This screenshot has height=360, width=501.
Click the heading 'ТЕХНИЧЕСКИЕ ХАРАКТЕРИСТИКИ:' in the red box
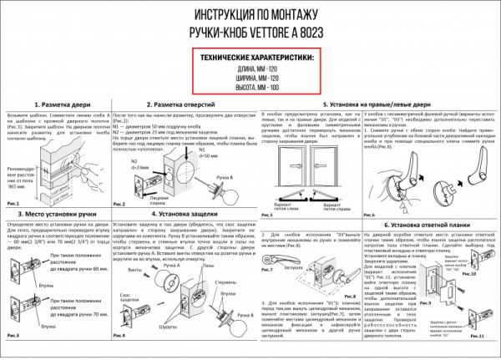[x=254, y=57]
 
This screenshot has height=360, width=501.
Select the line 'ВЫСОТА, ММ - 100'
[x=254, y=87]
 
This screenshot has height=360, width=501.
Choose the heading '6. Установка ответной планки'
[x=433, y=225]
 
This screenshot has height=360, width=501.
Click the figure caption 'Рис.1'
[x=13, y=203]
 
